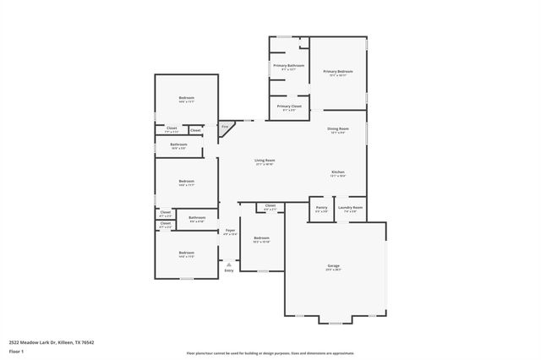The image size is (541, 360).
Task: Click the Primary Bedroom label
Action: (337, 72)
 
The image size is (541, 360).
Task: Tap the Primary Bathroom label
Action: (288, 66)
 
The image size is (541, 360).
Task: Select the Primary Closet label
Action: (288, 106)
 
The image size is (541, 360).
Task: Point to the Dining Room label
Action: (338, 128)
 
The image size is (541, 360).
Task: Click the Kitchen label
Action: (337, 172)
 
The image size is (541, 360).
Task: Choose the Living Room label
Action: (265, 161)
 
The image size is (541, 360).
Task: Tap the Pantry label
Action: (321, 208)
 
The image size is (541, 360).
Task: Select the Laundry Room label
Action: (351, 208)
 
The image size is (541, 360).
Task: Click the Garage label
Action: (333, 266)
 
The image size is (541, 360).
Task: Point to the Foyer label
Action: (229, 231)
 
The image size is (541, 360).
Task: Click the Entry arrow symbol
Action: (228, 264)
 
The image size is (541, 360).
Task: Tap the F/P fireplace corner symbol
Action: (225, 128)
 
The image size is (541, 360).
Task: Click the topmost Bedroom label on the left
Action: (186, 99)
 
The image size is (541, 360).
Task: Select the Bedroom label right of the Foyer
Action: (261, 239)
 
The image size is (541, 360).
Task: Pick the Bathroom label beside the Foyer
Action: (197, 218)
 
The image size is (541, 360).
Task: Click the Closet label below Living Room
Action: (270, 206)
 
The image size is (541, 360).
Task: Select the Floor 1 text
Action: (15, 351)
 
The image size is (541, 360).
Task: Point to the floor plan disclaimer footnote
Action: (270, 353)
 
